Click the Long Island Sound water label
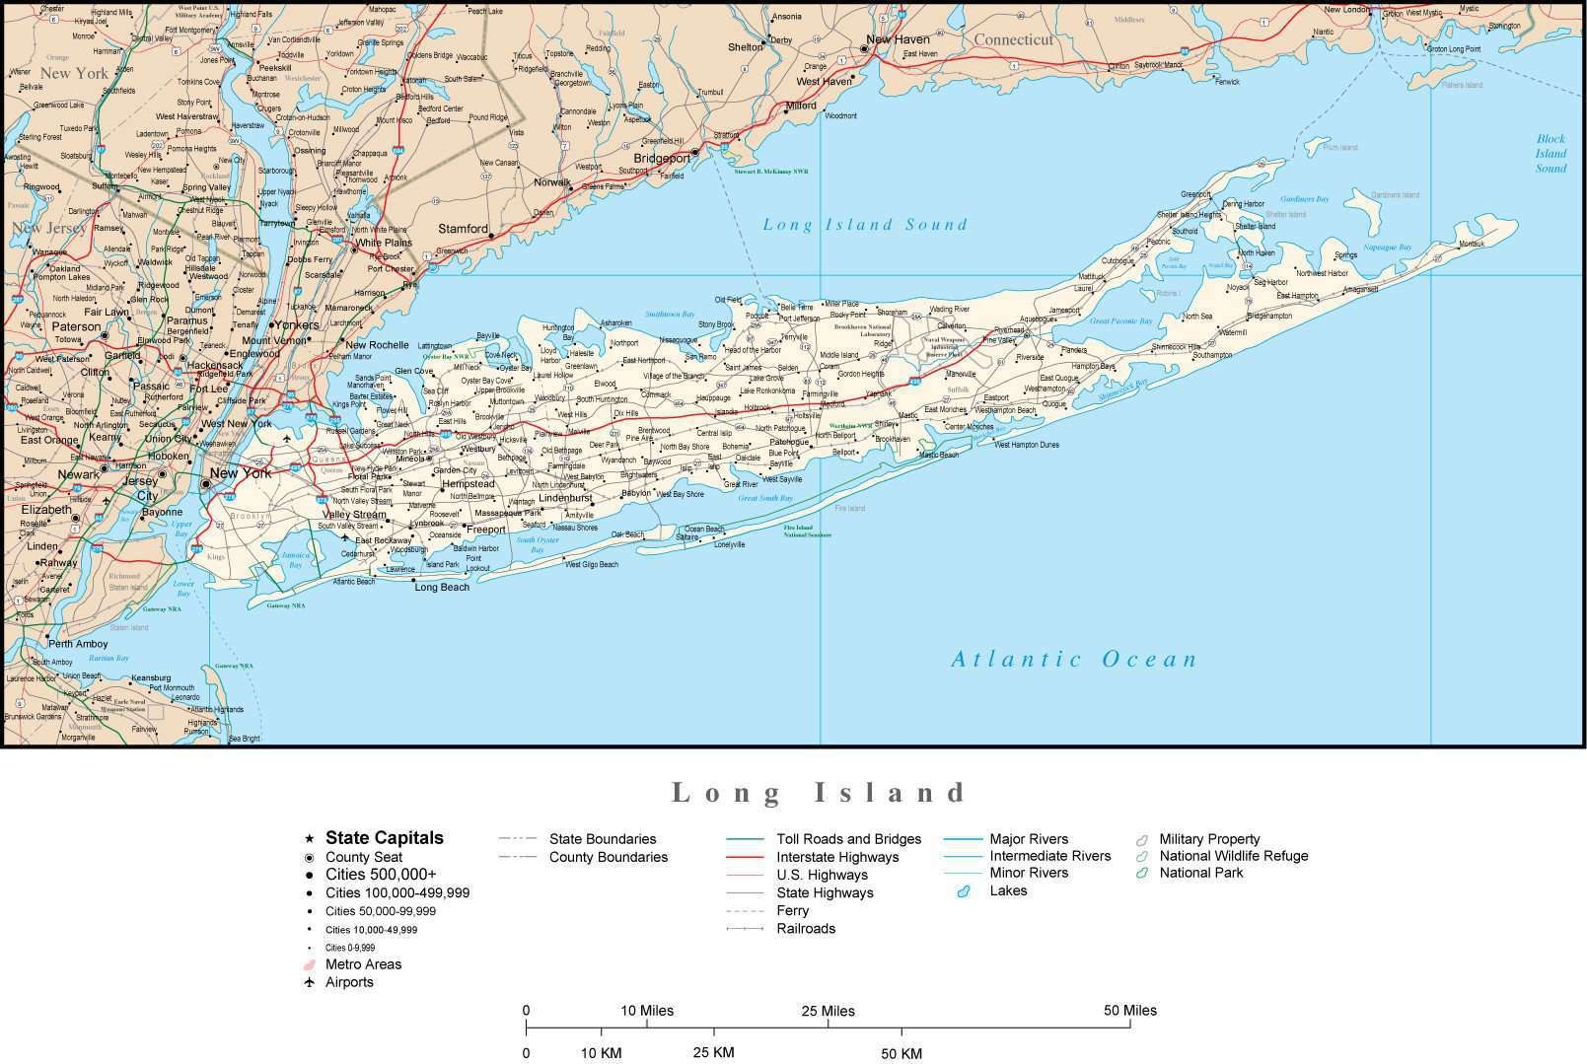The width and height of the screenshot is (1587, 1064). point(865,225)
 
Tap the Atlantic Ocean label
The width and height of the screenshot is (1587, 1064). point(1074,660)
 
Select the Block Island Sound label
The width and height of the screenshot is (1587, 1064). point(1551,154)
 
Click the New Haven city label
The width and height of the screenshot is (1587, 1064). point(898,40)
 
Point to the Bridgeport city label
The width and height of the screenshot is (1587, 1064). point(662,159)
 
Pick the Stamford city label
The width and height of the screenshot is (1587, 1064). point(463,229)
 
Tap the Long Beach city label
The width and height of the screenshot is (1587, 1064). point(442,588)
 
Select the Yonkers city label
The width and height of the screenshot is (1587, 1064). point(296,324)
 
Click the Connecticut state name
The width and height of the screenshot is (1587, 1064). point(1014,40)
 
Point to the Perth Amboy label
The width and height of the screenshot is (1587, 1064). point(78,644)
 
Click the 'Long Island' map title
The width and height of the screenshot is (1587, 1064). point(820,793)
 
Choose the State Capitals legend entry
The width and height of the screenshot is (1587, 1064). point(384,838)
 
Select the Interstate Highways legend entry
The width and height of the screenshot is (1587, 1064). point(837,857)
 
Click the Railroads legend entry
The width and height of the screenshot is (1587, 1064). point(805,929)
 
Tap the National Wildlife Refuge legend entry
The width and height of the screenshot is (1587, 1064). point(1233,856)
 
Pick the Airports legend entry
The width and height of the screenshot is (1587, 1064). point(349,982)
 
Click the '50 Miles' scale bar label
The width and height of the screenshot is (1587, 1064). point(1129,1011)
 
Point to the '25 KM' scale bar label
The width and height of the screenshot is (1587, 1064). point(713,1052)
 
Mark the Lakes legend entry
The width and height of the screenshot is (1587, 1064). point(1008,890)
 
